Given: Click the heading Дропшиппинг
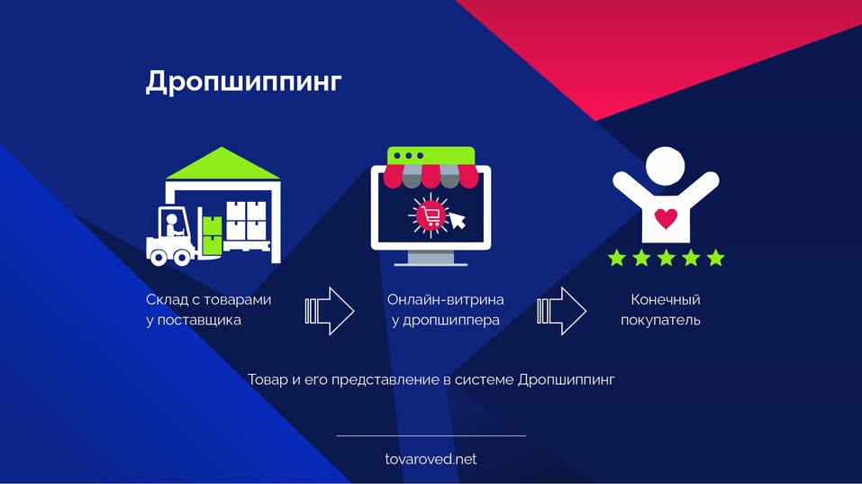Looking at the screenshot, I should click(x=243, y=81).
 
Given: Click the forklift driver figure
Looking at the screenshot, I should click(x=171, y=224).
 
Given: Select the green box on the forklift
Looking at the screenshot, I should click(x=212, y=235).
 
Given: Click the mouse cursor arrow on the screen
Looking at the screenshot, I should click(x=458, y=220).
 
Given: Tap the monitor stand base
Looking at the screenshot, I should click(x=431, y=261).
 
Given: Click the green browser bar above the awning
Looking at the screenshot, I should click(x=429, y=155).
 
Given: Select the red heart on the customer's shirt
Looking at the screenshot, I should click(x=666, y=218).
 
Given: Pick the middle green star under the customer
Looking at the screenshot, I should click(x=666, y=259).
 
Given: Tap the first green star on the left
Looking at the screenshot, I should click(x=616, y=259).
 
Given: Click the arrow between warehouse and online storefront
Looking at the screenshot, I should click(x=330, y=310).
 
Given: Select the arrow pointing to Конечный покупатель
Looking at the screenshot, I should click(x=562, y=310).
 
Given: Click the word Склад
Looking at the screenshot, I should click(x=167, y=300).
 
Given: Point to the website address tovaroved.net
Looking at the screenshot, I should click(x=431, y=459).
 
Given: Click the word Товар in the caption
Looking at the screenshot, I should click(x=268, y=379).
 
